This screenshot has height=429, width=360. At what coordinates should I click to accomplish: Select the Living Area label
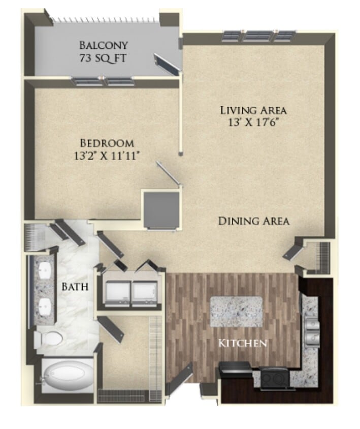pyautogui.click(x=253, y=110)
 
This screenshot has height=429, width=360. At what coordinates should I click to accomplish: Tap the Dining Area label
pyautogui.click(x=253, y=221)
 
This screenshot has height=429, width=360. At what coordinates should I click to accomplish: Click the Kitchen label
pyautogui.click(x=242, y=343)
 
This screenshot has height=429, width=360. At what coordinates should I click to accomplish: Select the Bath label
pyautogui.click(x=76, y=287)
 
